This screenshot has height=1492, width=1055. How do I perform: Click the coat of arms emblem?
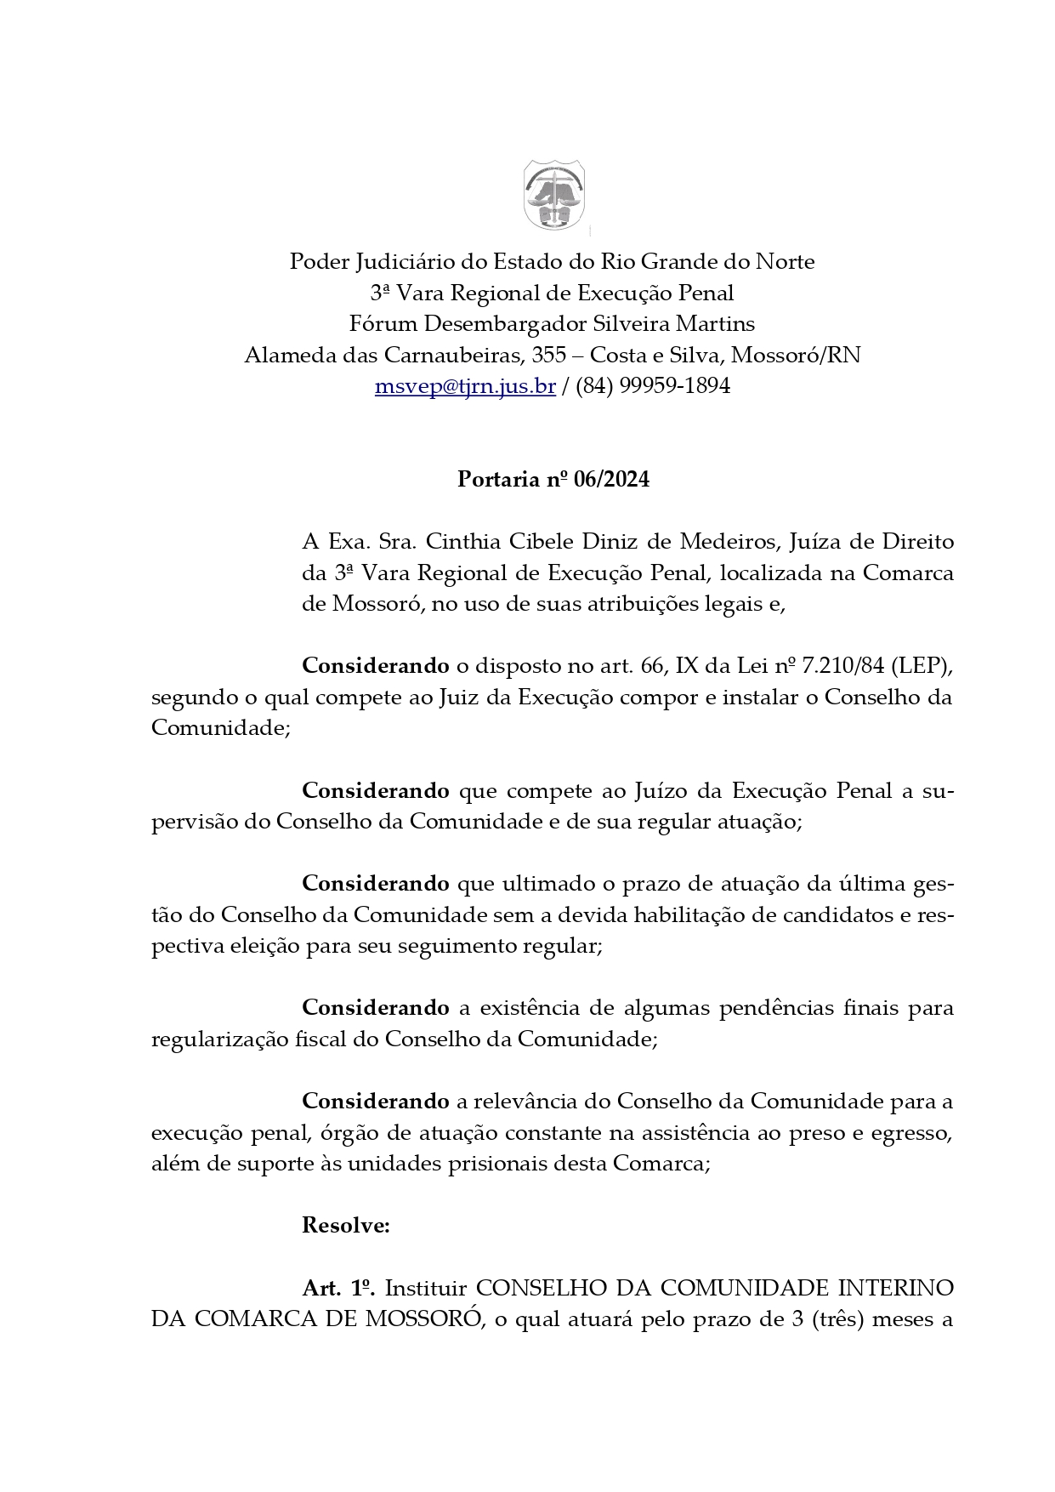[553, 195]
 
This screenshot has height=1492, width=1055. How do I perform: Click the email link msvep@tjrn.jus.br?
[465, 386]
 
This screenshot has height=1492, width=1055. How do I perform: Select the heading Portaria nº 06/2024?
[553, 480]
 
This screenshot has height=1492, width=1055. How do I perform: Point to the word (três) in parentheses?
[843, 1320]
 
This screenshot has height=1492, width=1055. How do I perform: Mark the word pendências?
[777, 1008]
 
